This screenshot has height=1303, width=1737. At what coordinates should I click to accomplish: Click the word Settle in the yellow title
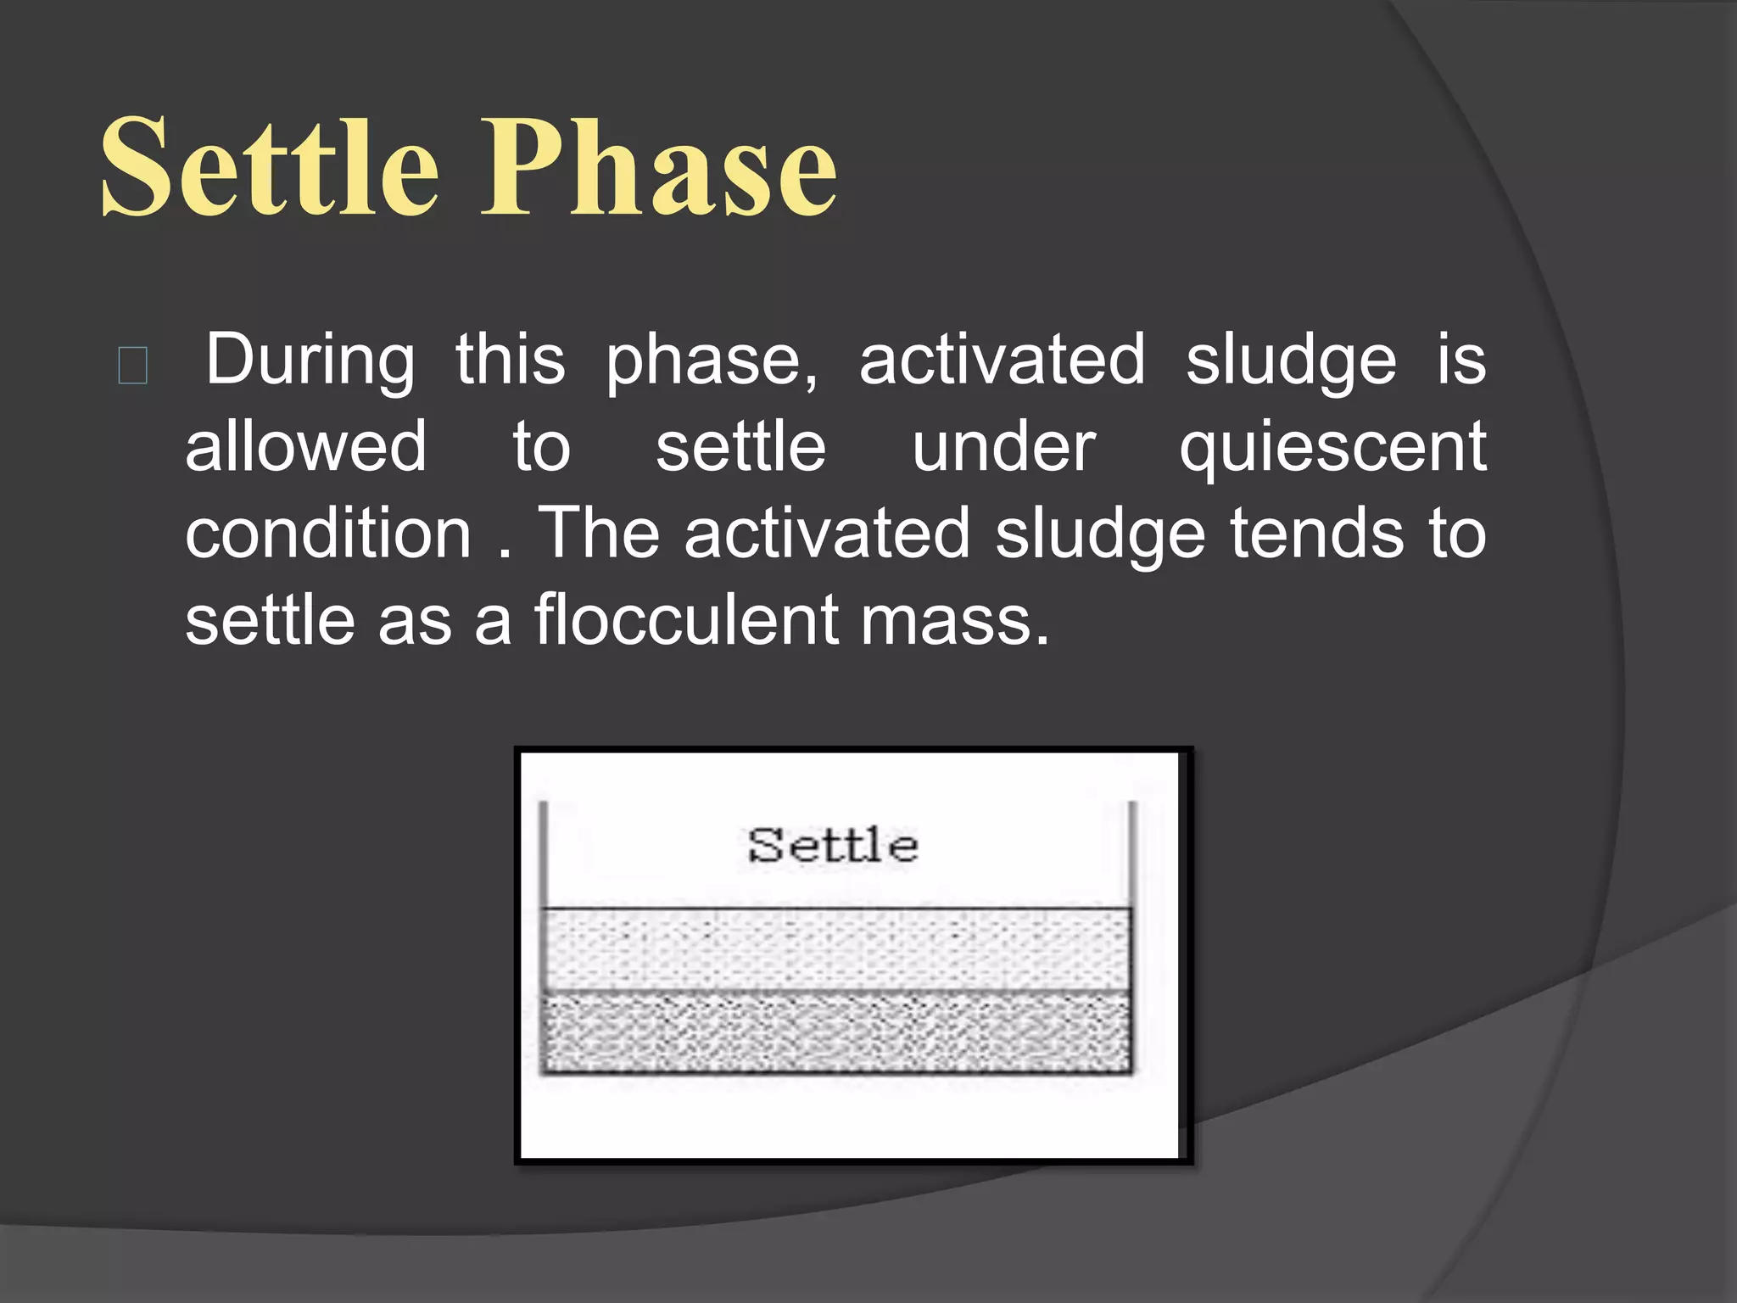270,167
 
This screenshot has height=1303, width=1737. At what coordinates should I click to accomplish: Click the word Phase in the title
659,167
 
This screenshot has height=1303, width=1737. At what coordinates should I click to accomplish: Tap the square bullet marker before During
133,366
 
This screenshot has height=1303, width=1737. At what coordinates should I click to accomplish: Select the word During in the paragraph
310,361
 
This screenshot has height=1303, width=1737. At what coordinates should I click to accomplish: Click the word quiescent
1332,448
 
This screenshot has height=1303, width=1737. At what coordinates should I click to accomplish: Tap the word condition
328,534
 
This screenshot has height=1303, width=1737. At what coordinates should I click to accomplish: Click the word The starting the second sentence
599,534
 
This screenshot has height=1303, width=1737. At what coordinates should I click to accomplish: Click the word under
1003,447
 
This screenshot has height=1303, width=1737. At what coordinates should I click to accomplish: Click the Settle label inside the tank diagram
833,846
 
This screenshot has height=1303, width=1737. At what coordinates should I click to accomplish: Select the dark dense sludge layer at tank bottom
835,1032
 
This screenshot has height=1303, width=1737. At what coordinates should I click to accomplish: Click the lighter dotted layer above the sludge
835,948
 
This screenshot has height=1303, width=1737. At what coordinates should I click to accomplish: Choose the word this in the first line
510,361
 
